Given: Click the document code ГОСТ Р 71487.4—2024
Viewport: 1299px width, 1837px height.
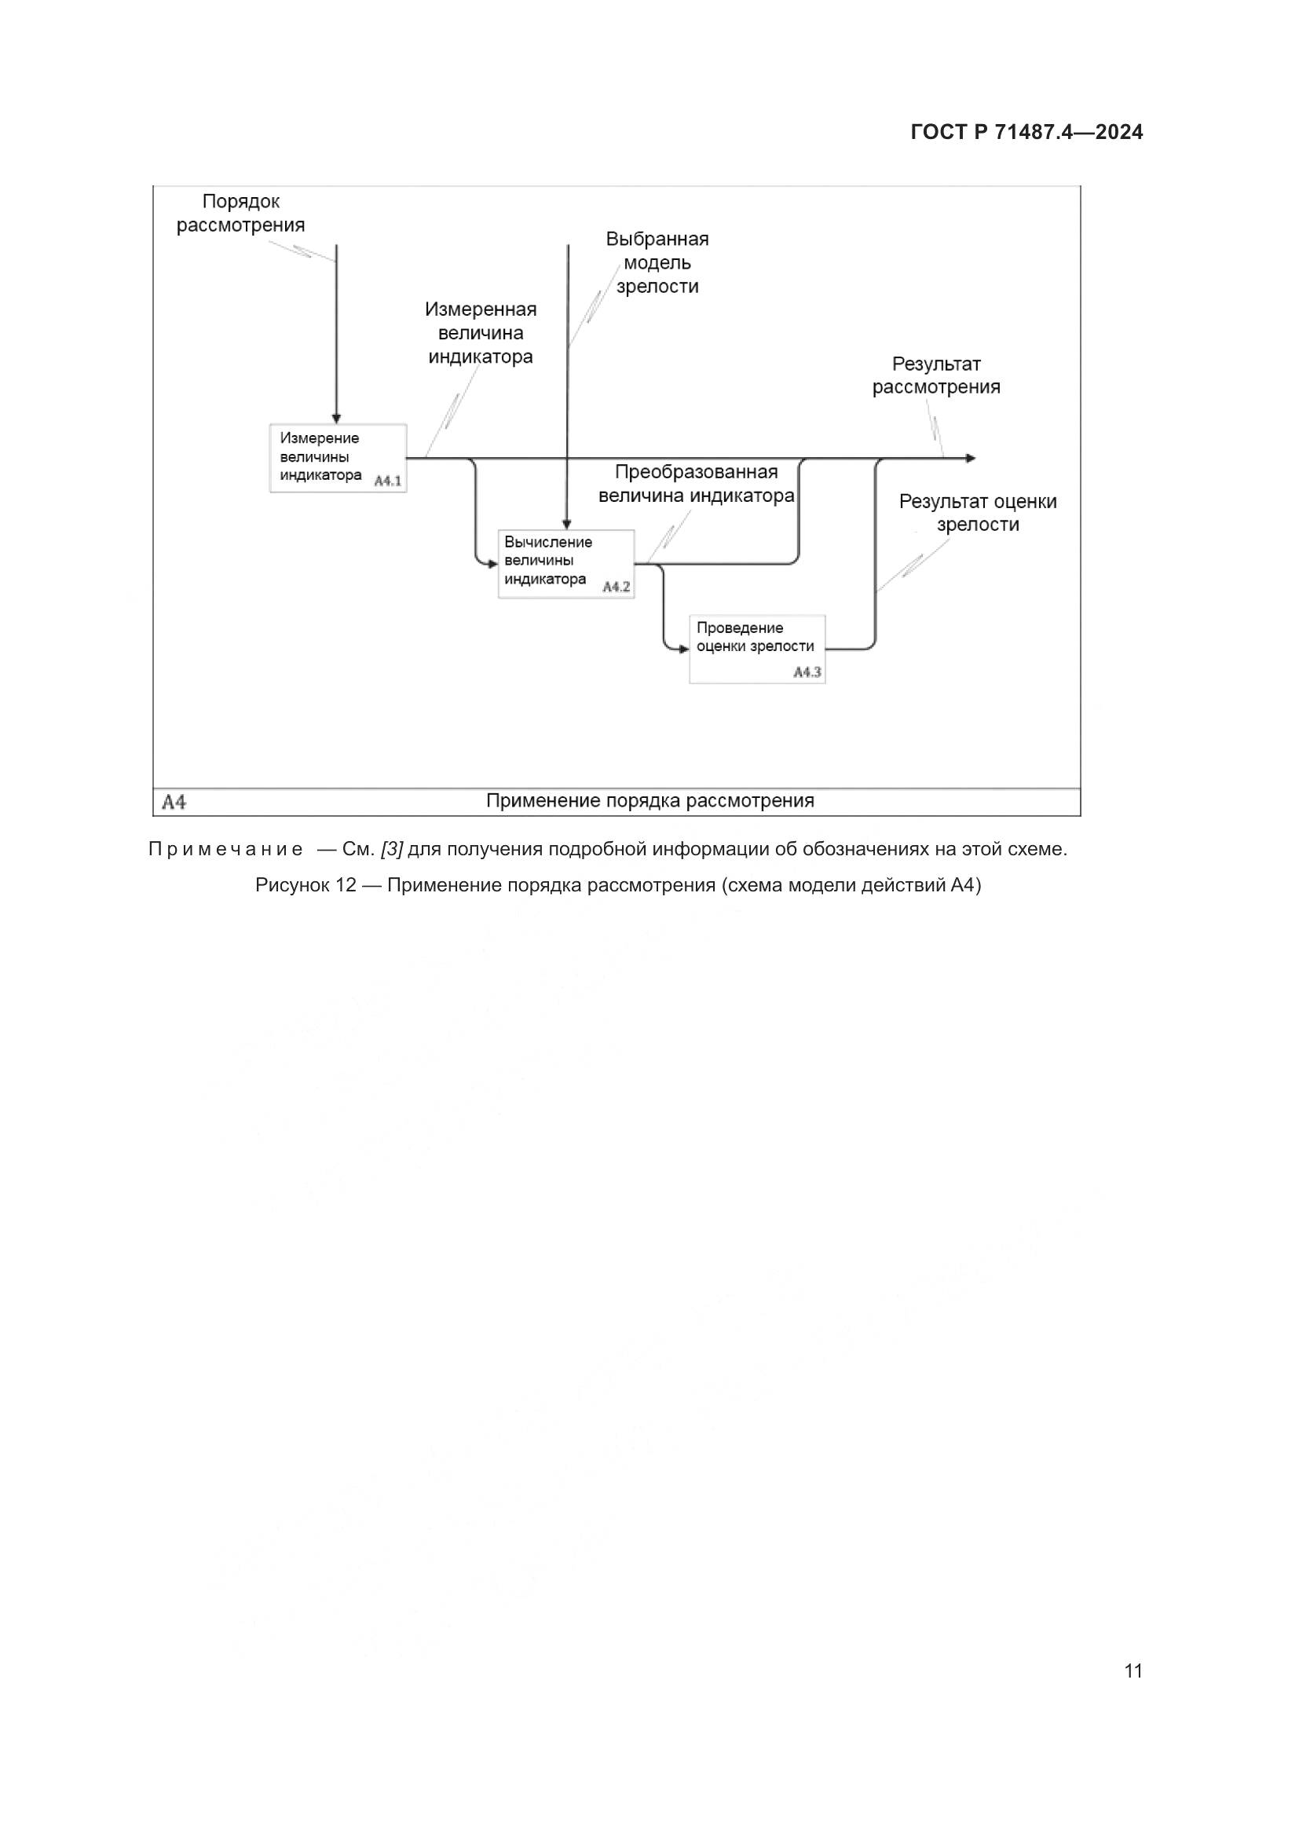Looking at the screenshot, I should (1026, 133).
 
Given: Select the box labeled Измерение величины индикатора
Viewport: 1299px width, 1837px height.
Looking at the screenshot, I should (338, 458).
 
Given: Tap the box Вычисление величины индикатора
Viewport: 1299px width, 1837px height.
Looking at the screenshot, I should (565, 563).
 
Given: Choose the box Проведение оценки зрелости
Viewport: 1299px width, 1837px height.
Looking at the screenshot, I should (756, 648).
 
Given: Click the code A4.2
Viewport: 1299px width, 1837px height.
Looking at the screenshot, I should (616, 587).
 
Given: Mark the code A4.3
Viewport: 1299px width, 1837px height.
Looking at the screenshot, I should (807, 672).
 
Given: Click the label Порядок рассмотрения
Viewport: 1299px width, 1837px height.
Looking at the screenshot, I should (241, 214).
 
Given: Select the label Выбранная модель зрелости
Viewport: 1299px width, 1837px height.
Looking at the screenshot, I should (657, 262).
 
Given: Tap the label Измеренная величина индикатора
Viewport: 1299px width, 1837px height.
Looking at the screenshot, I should (481, 333).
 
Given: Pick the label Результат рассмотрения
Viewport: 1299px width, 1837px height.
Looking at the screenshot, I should (936, 376).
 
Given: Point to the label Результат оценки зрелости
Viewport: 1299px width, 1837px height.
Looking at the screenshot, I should (978, 513).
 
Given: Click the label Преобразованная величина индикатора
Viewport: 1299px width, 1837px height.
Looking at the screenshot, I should (696, 483).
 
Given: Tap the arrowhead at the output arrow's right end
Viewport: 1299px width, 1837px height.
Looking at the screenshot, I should (970, 459).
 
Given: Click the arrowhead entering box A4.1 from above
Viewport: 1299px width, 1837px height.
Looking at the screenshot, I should (337, 419).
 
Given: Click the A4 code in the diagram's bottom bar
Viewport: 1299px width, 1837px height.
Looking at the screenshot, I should (174, 802).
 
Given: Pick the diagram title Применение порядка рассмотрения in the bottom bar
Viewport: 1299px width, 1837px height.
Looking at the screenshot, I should (649, 801).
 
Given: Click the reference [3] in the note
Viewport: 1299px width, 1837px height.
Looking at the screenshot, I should (392, 849).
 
